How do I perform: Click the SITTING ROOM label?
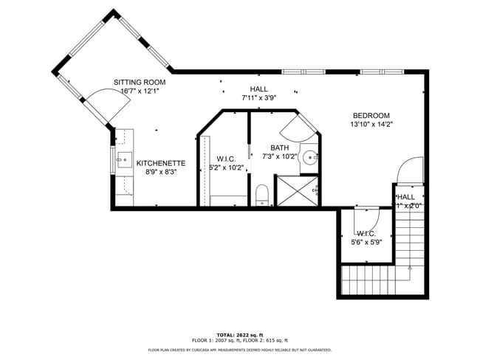pyautogui.click(x=140, y=82)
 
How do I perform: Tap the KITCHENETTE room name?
pyautogui.click(x=160, y=163)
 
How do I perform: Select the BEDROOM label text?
pyautogui.click(x=371, y=115)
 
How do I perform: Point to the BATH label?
pyautogui.click(x=279, y=148)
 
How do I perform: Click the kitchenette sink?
pyautogui.click(x=123, y=159)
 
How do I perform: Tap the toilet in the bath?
pyautogui.click(x=261, y=195)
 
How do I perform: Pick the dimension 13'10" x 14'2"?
pyautogui.click(x=371, y=125)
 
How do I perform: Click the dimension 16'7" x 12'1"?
pyautogui.click(x=140, y=91)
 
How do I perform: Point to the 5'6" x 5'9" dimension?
pyautogui.click(x=366, y=241)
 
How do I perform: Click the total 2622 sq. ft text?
pyautogui.click(x=239, y=333)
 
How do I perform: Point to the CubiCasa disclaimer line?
pyautogui.click(x=239, y=350)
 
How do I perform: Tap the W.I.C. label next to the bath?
pyautogui.click(x=226, y=159)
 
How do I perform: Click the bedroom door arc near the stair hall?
pyautogui.click(x=407, y=172)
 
